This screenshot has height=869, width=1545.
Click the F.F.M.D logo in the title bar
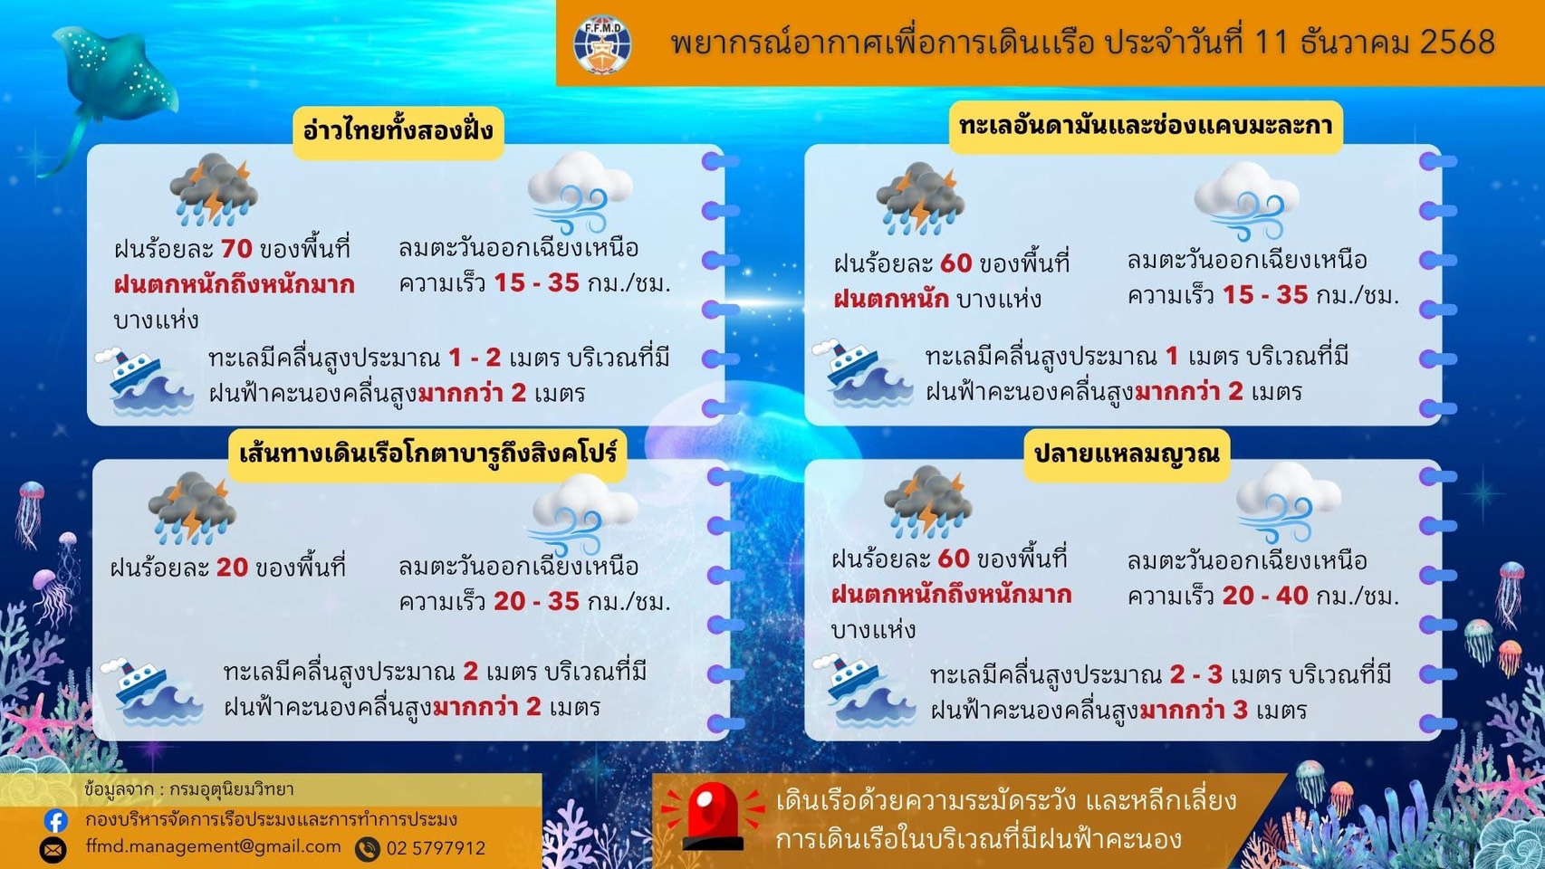[x=602, y=43]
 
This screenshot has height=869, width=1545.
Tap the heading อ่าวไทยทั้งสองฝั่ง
[x=398, y=130]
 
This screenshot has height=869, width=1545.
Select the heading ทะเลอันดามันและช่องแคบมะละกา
[x=1146, y=126]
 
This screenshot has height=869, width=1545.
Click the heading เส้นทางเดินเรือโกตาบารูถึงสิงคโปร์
[x=427, y=452]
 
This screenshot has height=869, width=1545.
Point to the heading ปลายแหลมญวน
[x=1127, y=453]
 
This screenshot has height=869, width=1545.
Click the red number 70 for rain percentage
[x=236, y=248]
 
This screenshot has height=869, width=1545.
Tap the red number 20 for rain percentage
[x=232, y=568]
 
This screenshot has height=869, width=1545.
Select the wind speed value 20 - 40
[x=1264, y=596]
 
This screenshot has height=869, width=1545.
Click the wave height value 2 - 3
[x=1195, y=674]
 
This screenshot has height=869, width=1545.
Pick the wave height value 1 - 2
[x=475, y=358]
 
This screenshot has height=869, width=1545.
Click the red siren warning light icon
[x=713, y=816]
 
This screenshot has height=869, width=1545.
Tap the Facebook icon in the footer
[x=55, y=820]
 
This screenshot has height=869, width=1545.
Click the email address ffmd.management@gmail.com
[x=213, y=846]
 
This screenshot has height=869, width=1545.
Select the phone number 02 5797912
[x=436, y=848]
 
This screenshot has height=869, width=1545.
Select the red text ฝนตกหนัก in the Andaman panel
[x=891, y=299]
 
